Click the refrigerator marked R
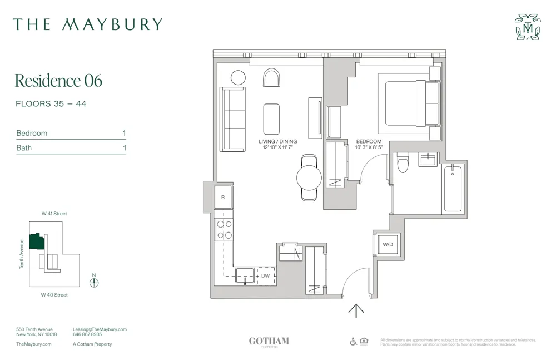[x=224, y=197]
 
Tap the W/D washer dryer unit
[x=388, y=244]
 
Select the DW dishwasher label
[x=266, y=275]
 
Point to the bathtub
[x=453, y=189]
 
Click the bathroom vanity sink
[x=428, y=160]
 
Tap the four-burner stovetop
[x=224, y=230]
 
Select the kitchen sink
[x=245, y=274]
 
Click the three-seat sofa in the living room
[x=232, y=119]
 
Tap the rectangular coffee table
[x=271, y=119]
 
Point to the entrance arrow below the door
[x=356, y=310]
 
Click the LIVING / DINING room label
[x=278, y=141]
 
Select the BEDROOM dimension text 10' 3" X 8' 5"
[x=369, y=148]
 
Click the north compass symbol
[x=94, y=282]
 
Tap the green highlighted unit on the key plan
[x=37, y=241]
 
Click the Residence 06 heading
[x=58, y=81]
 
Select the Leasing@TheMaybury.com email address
[x=100, y=329]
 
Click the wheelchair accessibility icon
[x=353, y=342]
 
